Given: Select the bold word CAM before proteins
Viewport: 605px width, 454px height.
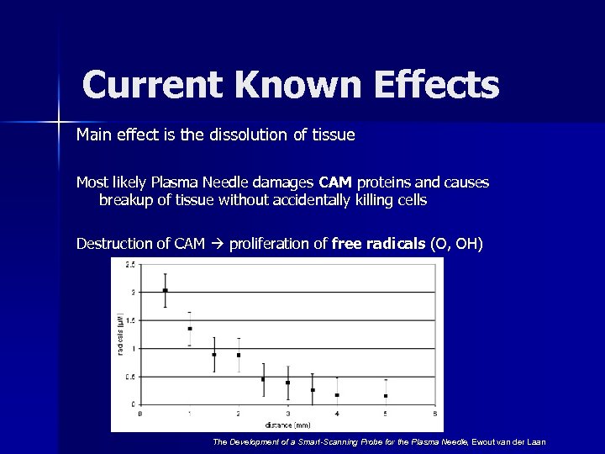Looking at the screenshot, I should (334, 182).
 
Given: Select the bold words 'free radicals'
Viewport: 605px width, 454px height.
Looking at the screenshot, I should (378, 245).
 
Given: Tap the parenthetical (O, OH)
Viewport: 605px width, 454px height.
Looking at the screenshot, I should (456, 245).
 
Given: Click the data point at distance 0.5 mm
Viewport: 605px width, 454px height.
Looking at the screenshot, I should (165, 290).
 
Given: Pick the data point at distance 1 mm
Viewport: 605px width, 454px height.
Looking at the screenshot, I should (190, 329).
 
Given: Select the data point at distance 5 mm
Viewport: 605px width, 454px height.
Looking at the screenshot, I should (386, 395).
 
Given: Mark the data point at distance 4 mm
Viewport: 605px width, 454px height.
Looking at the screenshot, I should (337, 394).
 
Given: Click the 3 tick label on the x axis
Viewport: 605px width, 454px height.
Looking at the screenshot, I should (287, 414).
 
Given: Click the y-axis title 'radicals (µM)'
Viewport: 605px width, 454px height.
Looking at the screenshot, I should (120, 335).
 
